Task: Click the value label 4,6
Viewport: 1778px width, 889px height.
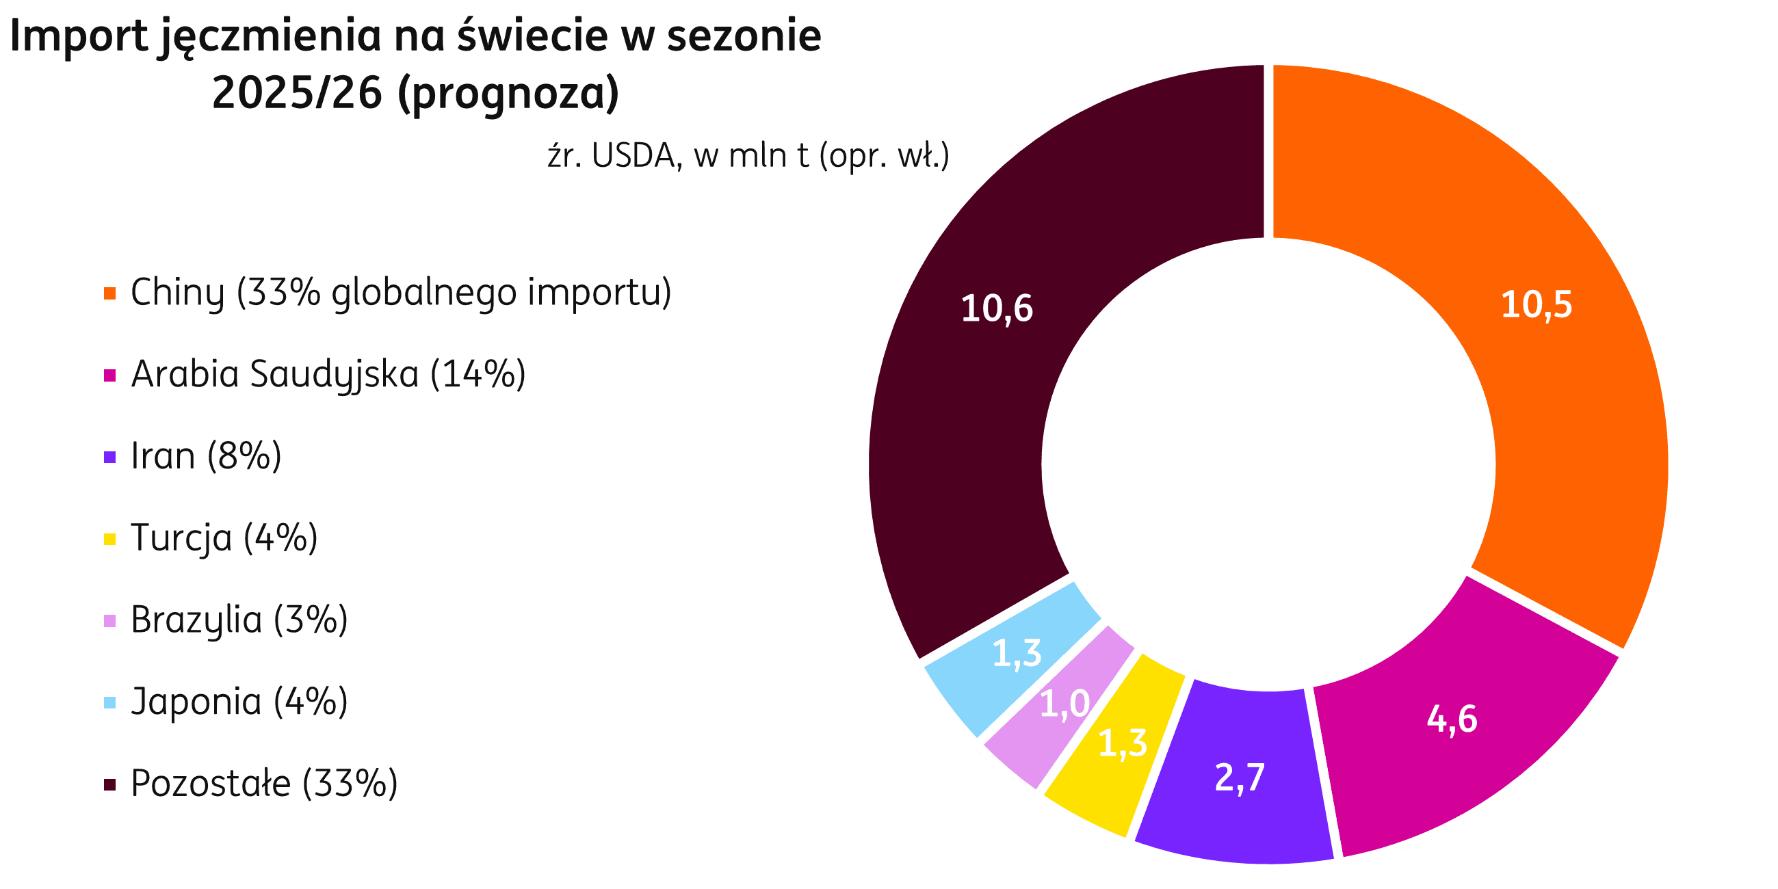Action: [1452, 719]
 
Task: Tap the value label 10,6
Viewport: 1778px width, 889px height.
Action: [997, 308]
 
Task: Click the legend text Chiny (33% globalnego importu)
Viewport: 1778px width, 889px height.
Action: [400, 293]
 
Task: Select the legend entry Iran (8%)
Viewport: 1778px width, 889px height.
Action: [206, 456]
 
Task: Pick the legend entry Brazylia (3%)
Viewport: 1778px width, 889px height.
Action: [239, 620]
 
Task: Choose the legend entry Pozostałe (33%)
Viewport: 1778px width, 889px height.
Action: [263, 784]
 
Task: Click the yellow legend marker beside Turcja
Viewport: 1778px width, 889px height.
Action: [109, 539]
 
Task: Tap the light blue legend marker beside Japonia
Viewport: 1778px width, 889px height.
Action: [109, 702]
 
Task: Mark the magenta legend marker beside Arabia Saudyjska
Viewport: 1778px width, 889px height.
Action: [109, 375]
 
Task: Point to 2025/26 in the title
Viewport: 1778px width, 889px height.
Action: [297, 94]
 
